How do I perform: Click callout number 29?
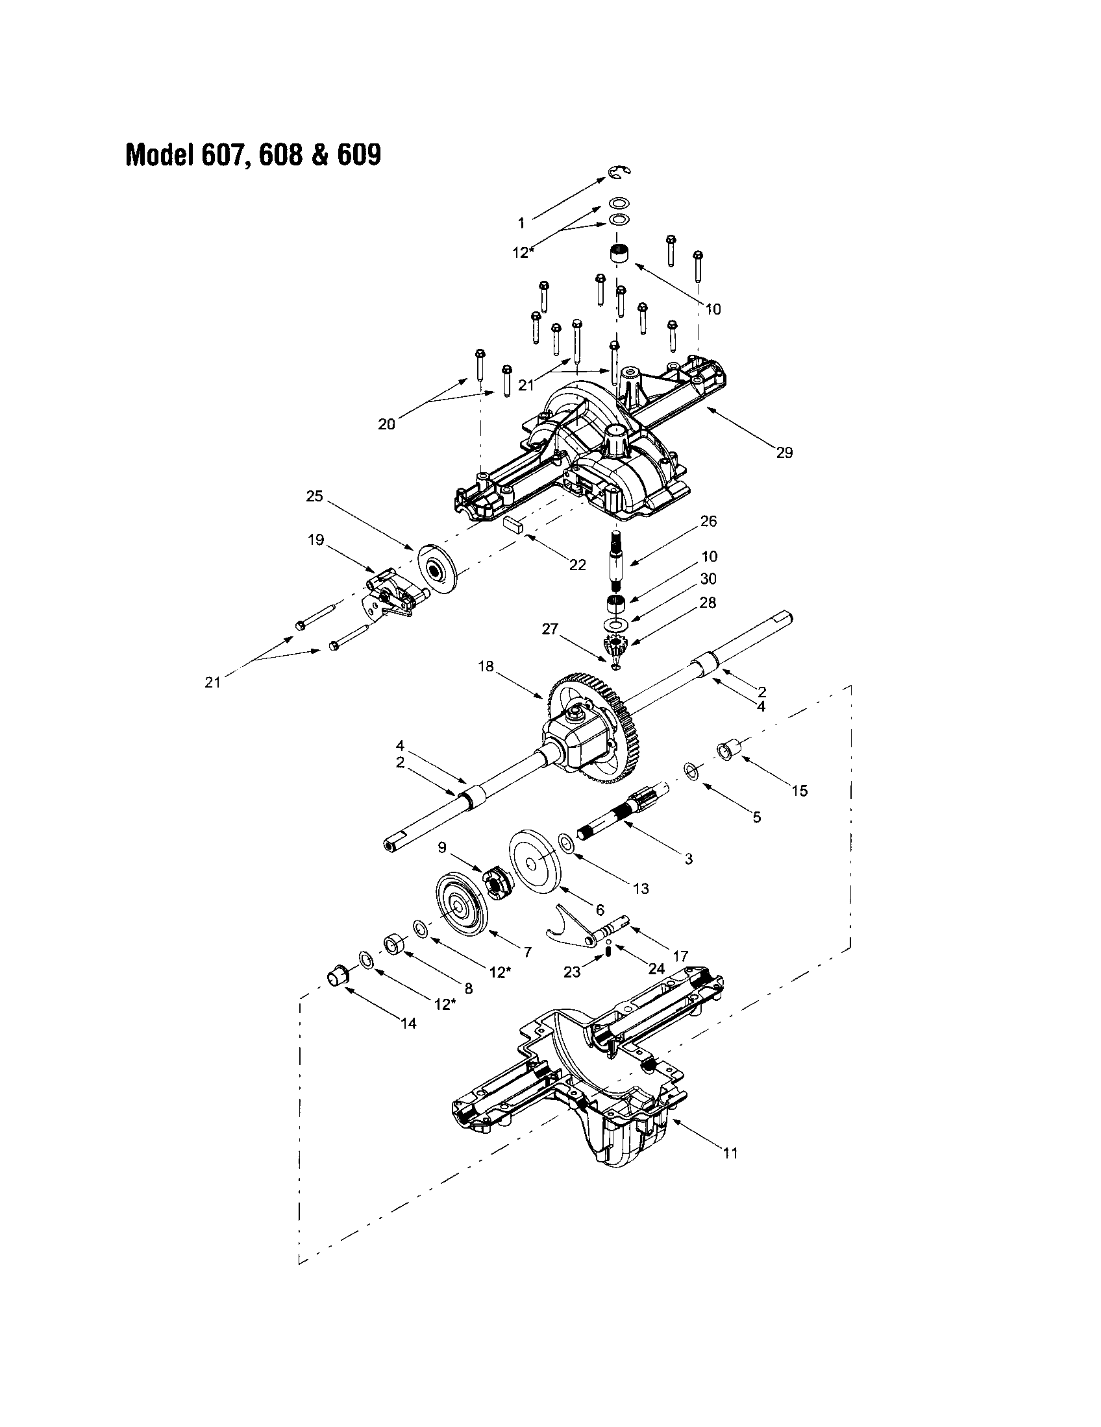coord(784,453)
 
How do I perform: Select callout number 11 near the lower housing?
coord(730,1153)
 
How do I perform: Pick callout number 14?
coord(408,1023)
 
